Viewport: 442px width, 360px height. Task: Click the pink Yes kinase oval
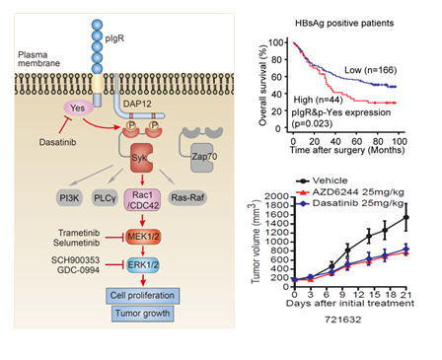(x=78, y=108)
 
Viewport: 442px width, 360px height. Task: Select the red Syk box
(x=141, y=158)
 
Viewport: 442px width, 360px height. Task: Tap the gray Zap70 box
(x=201, y=158)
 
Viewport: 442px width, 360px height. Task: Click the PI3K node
(x=69, y=197)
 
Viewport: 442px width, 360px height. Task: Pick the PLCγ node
(x=105, y=197)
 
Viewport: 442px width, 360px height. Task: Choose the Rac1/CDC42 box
(x=142, y=200)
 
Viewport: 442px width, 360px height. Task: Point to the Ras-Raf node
(x=187, y=197)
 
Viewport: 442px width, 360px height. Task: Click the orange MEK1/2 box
(x=143, y=237)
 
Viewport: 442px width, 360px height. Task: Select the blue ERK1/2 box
(x=143, y=265)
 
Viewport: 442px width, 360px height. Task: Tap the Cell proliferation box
(x=143, y=296)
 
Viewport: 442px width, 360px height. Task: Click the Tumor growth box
(x=143, y=314)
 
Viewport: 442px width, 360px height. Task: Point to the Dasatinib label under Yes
(x=57, y=142)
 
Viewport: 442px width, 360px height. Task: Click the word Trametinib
(x=79, y=233)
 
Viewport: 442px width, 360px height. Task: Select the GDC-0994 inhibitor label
(x=78, y=270)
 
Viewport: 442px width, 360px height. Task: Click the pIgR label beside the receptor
(x=114, y=38)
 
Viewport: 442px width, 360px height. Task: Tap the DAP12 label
(x=137, y=104)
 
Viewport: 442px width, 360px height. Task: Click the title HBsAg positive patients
(x=344, y=23)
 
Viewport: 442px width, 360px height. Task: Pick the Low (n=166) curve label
(x=371, y=70)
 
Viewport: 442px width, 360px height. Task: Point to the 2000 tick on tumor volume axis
(x=276, y=196)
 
